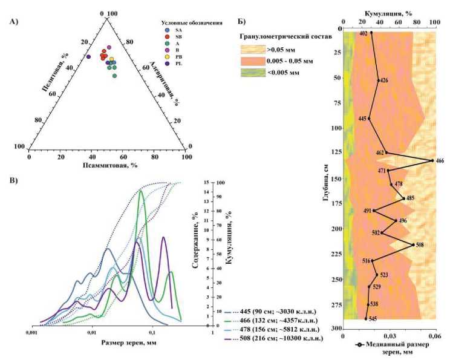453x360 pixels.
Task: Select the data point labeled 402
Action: [371, 34]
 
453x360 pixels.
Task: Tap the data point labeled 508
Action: [413, 244]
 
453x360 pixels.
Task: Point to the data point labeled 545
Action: [366, 318]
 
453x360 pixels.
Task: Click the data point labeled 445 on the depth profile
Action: [369, 119]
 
